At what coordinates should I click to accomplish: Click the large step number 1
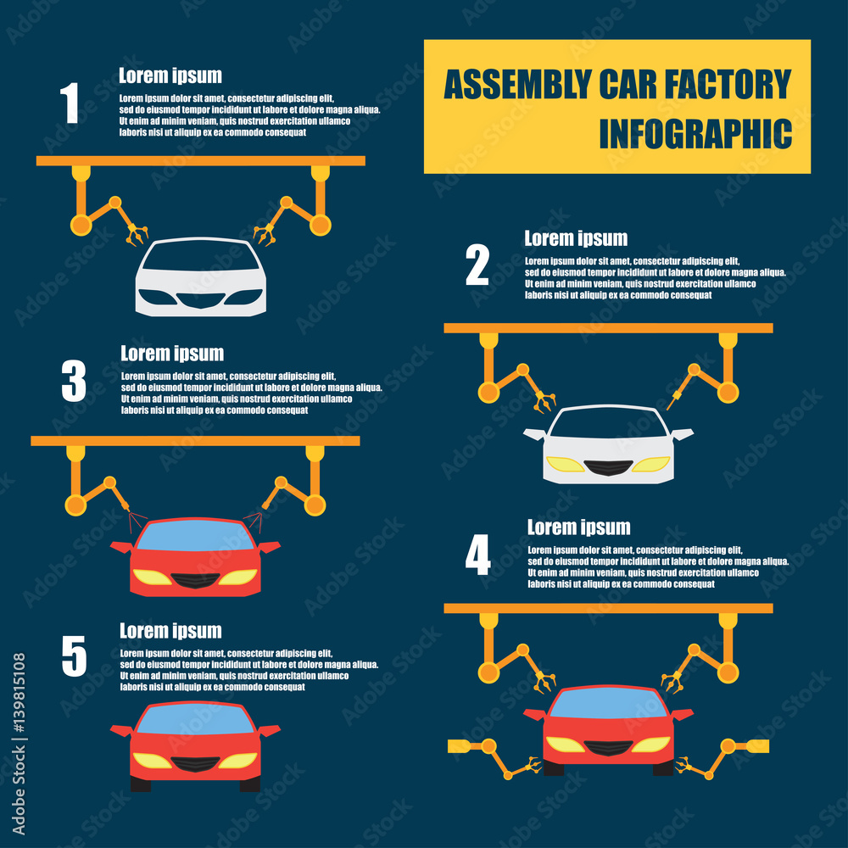(70, 103)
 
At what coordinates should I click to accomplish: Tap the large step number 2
(477, 265)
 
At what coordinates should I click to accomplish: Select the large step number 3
(74, 381)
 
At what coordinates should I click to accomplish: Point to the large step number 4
(477, 557)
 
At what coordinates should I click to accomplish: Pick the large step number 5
(74, 657)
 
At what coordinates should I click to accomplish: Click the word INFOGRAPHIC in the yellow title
(695, 135)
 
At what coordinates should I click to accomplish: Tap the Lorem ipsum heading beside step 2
(576, 238)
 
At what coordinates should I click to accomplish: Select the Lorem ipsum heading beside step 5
(170, 631)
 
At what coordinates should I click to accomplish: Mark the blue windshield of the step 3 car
(195, 537)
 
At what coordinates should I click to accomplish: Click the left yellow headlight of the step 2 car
(565, 465)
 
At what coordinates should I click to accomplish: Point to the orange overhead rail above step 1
(201, 160)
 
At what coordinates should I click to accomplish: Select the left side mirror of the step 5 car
(120, 729)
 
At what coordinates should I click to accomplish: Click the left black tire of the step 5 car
(140, 784)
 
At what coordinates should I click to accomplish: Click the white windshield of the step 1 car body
(201, 257)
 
